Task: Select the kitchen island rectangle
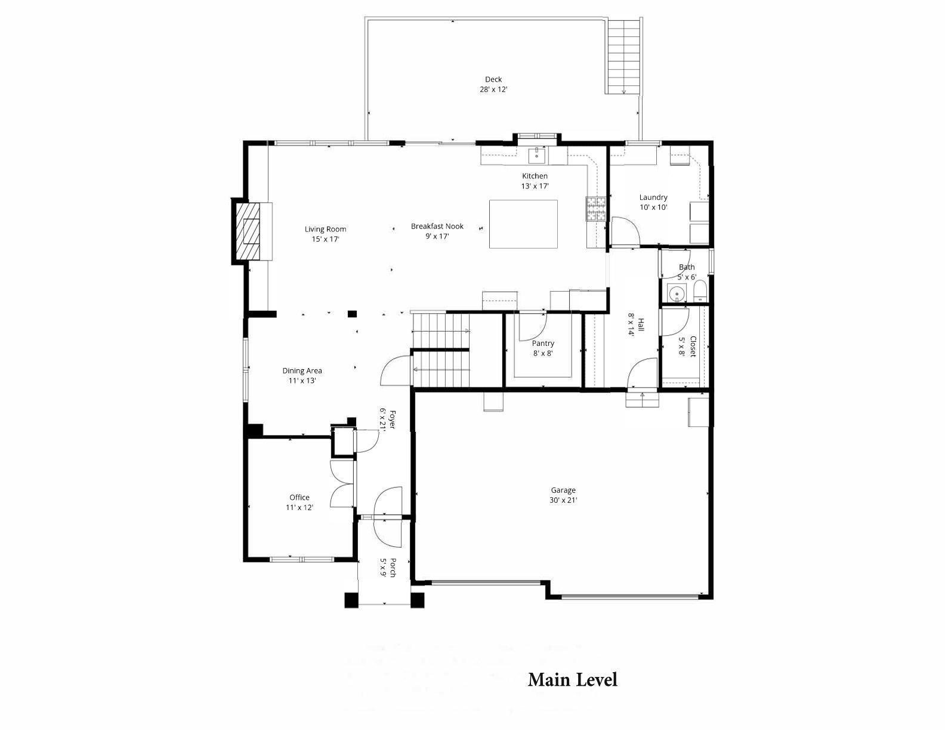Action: tap(523, 224)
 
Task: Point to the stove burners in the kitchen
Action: tap(596, 209)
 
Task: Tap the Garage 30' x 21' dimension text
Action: tap(563, 500)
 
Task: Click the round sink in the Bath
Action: tap(676, 293)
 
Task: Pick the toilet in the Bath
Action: tap(700, 292)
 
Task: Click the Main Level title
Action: tap(572, 679)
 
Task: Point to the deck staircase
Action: tap(624, 57)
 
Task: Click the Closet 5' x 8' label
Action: tap(688, 347)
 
